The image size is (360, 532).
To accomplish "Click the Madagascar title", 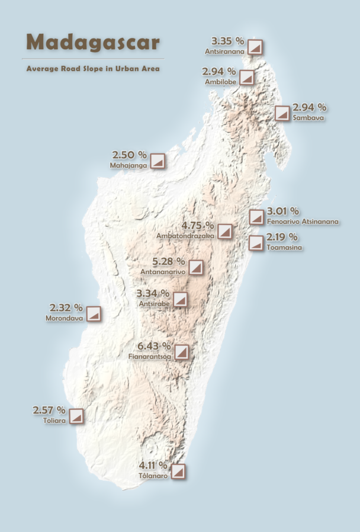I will click(93, 42).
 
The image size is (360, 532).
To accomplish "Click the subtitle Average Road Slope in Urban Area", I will click(93, 69).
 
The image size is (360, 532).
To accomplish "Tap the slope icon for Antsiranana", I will click(255, 47).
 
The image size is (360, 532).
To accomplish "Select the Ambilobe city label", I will click(220, 81).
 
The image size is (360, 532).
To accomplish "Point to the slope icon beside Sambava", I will click(282, 113).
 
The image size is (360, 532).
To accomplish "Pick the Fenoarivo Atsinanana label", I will click(303, 222).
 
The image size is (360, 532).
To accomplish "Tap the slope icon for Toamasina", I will click(256, 243).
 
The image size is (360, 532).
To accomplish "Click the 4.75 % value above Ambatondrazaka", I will click(198, 226).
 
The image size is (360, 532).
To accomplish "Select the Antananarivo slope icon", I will click(196, 268).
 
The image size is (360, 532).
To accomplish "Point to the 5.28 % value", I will click(169, 261).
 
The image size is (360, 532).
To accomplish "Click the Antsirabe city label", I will click(154, 303).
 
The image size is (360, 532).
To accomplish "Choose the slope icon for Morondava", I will click(94, 314).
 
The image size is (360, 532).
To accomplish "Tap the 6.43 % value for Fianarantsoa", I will click(154, 346).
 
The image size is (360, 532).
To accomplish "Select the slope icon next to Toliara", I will click(75, 416).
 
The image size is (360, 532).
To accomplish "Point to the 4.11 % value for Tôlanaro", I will click(153, 465).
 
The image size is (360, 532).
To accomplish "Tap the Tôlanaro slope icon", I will click(178, 472).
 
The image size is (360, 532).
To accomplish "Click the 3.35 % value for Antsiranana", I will click(228, 41).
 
